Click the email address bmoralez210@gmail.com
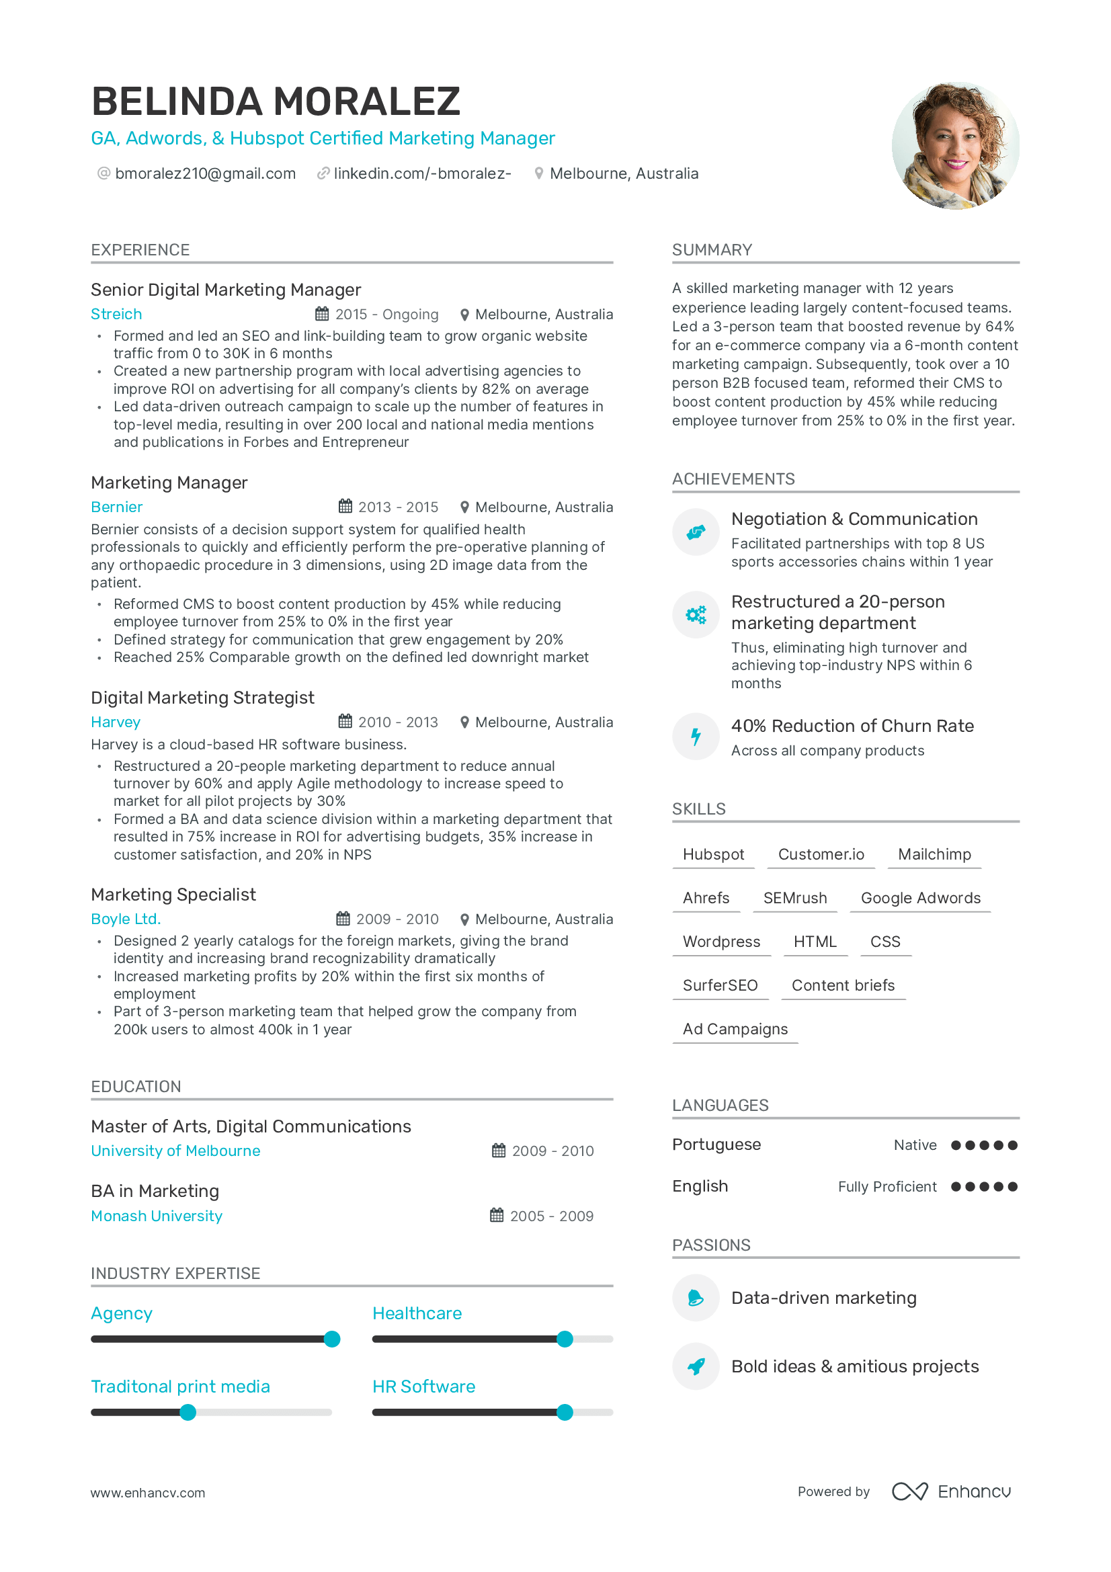click(205, 174)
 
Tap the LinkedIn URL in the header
click(421, 174)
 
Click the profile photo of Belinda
click(955, 146)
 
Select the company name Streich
click(116, 315)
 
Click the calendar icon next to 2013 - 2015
click(345, 507)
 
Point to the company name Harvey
click(116, 722)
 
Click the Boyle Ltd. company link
click(125, 919)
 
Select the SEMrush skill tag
click(794, 898)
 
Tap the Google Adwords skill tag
click(920, 898)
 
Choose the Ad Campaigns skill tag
click(735, 1029)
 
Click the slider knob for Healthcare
click(565, 1339)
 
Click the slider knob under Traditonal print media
click(188, 1413)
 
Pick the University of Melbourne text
click(175, 1151)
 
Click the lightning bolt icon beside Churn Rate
click(696, 737)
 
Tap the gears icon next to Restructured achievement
click(696, 615)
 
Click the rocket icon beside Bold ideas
click(696, 1366)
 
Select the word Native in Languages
click(915, 1145)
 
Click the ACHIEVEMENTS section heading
click(733, 479)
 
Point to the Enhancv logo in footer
click(951, 1492)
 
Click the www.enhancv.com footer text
click(148, 1493)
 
